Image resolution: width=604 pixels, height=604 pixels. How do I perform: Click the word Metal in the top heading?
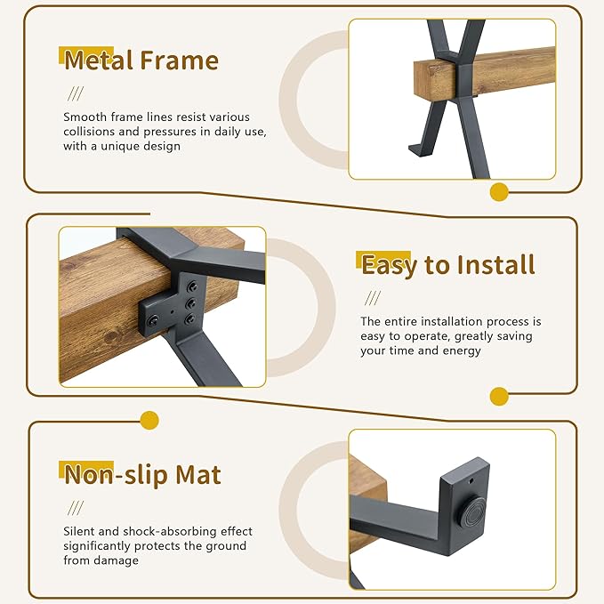click(x=98, y=60)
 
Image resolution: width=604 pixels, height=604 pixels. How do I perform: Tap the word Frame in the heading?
click(x=179, y=60)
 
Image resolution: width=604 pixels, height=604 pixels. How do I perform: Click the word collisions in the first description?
click(x=89, y=132)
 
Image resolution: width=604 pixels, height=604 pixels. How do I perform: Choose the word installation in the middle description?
click(x=438, y=321)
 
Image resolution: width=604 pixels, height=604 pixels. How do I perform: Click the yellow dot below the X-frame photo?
click(x=499, y=192)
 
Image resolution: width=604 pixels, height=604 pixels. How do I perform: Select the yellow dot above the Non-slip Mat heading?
click(x=149, y=420)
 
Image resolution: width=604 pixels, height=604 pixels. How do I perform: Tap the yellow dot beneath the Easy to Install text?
click(x=499, y=397)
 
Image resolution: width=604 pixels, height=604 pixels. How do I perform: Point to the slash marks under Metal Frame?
click(x=76, y=93)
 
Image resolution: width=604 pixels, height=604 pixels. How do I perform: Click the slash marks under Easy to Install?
click(x=373, y=298)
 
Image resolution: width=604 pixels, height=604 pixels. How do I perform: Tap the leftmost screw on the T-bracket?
click(x=153, y=319)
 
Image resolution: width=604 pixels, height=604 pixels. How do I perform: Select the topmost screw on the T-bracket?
click(x=192, y=286)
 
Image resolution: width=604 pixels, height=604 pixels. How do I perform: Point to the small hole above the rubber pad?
click(x=471, y=481)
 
